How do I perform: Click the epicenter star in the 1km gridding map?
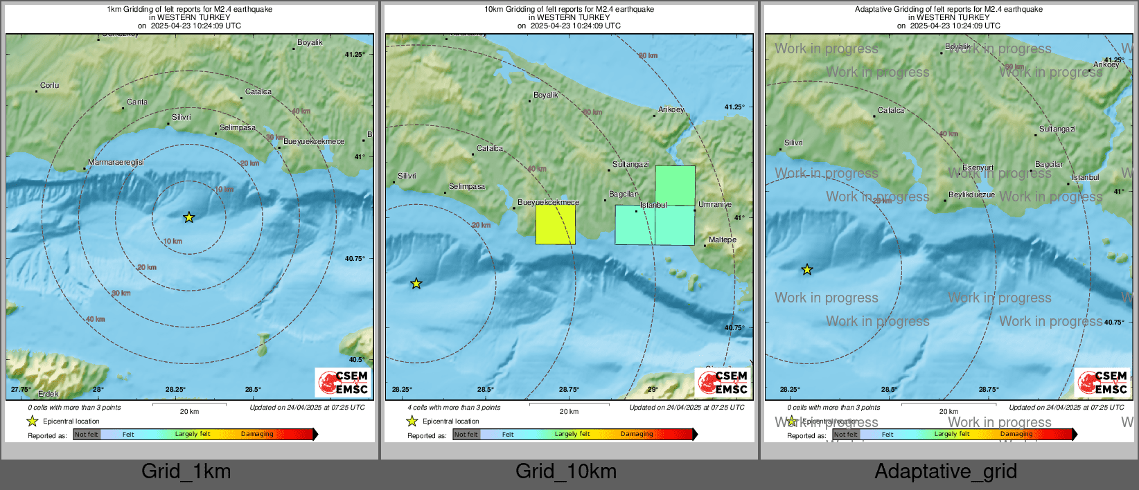click(189, 217)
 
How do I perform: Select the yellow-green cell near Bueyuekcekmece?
click(555, 225)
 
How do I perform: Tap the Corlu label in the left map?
click(50, 86)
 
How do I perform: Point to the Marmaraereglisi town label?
click(116, 162)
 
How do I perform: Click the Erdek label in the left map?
click(48, 394)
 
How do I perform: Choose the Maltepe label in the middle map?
click(723, 240)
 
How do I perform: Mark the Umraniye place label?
click(715, 205)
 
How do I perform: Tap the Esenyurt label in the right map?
click(978, 168)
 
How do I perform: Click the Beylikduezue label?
click(971, 195)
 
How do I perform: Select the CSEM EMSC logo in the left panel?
click(343, 382)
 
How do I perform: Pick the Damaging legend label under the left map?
click(257, 434)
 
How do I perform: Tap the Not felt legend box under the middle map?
click(466, 435)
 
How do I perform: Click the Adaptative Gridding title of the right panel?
click(948, 10)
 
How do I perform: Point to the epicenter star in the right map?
click(807, 270)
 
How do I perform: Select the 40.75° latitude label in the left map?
click(355, 259)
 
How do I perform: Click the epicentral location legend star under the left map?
click(32, 421)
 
